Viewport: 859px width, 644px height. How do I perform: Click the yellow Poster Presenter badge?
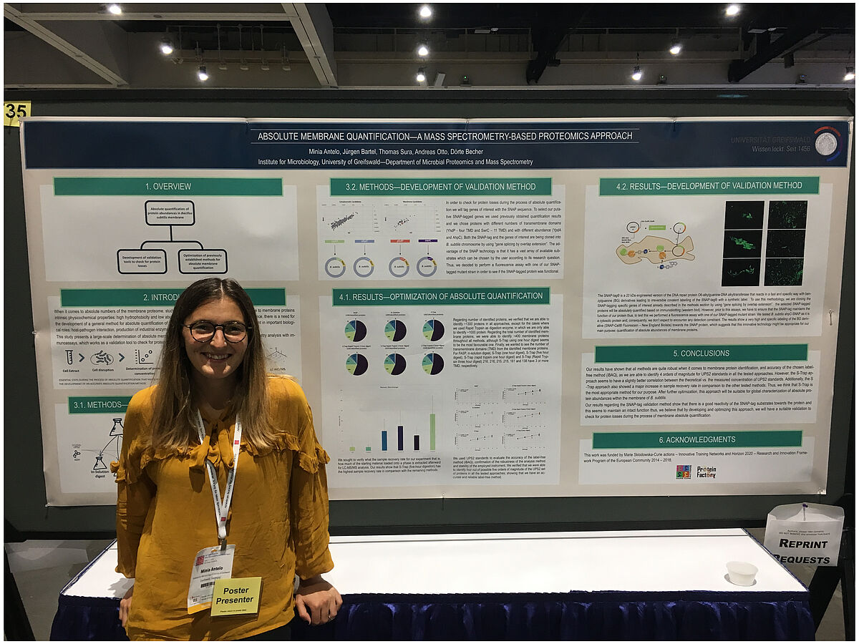236,595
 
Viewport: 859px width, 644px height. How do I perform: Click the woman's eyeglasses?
218,331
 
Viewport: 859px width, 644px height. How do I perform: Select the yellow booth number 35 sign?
16,113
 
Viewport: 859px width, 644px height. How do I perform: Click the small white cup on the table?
741,572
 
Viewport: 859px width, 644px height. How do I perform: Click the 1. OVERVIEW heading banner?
168,187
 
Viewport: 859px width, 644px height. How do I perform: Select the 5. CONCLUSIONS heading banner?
700,353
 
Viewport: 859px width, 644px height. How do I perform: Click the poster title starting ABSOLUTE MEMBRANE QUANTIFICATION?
444,136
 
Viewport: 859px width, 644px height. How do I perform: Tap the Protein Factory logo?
706,472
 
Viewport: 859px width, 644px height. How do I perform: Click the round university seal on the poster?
828,142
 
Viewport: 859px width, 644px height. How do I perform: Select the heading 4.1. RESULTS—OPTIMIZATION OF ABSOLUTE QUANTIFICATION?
440,296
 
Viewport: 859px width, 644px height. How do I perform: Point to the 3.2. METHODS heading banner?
440,187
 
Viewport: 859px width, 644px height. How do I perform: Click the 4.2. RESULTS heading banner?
709,186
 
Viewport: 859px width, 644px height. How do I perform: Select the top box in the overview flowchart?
170,213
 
